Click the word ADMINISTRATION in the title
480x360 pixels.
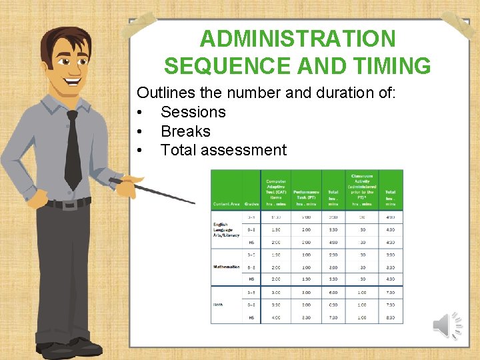[297, 39]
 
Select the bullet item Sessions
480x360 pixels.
[193, 112]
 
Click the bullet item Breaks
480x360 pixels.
[185, 131]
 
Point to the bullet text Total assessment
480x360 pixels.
[223, 150]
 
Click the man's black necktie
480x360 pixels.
[72, 151]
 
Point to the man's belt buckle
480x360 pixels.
[67, 204]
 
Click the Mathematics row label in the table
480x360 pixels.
[227, 267]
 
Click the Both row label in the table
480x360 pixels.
[218, 305]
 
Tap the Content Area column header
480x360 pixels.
[226, 203]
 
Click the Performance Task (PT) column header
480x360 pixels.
[306, 194]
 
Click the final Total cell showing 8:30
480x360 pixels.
[391, 317]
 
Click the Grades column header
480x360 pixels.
[251, 203]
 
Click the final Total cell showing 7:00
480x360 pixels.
[391, 293]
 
